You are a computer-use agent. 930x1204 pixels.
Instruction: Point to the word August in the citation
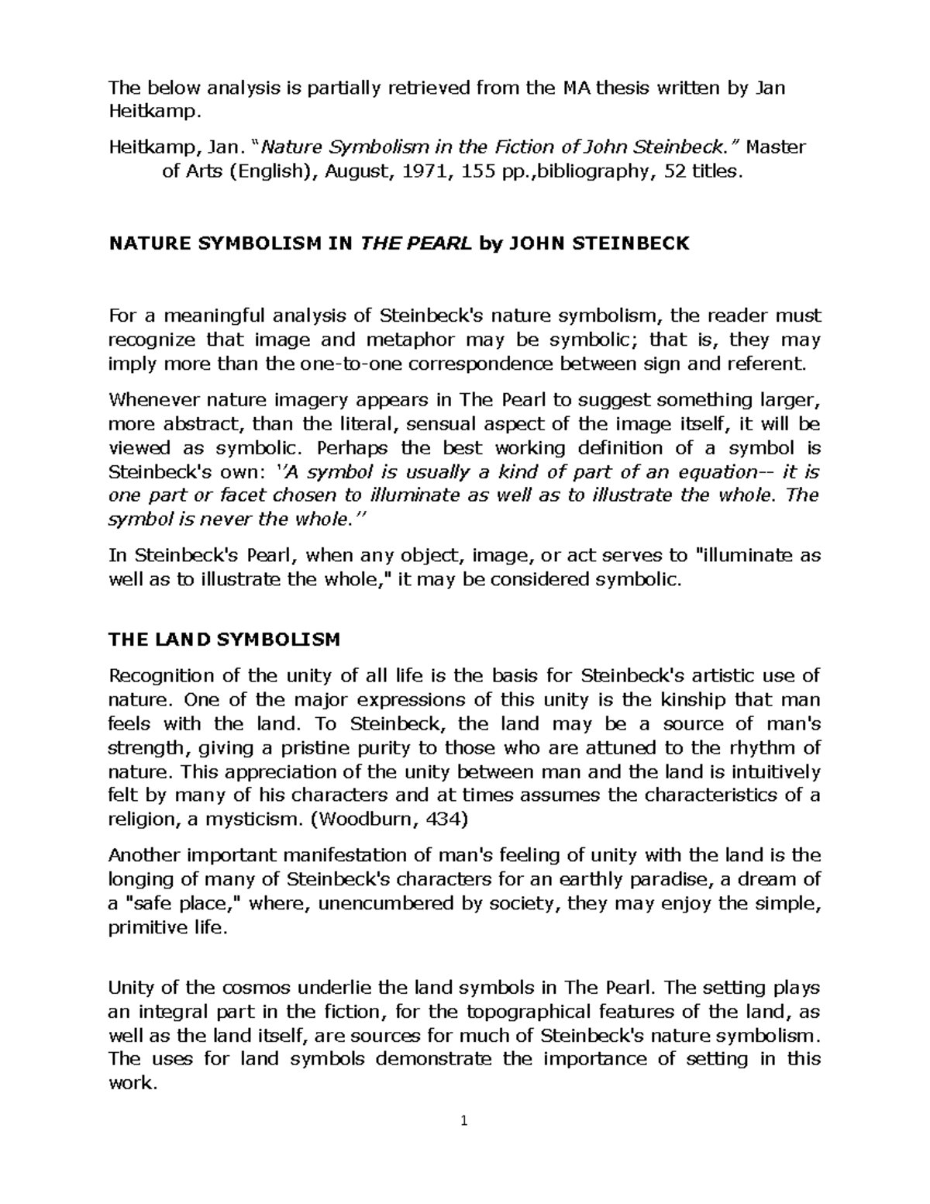tap(356, 171)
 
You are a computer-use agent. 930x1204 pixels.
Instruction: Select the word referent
tap(769, 364)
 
